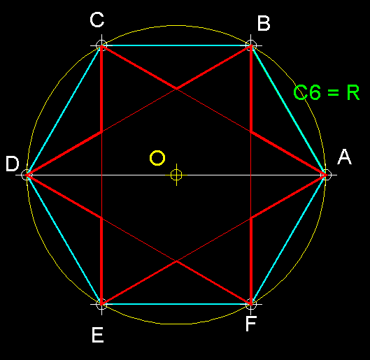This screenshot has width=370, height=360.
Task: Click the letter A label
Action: tap(345, 157)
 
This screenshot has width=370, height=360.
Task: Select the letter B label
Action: tap(264, 23)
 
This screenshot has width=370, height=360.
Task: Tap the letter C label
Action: tap(97, 20)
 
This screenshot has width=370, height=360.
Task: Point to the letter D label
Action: tap(13, 164)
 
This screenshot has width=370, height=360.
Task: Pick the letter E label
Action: tap(97, 335)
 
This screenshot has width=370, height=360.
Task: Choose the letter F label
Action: tap(251, 324)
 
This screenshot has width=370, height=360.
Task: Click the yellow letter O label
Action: tap(157, 158)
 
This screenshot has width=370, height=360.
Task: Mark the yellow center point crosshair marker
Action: tap(176, 175)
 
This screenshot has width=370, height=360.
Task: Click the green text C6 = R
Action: tap(327, 92)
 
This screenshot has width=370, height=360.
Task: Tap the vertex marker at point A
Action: tap(326, 175)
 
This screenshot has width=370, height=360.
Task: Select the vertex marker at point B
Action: tap(251, 45)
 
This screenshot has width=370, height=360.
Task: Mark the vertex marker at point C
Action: tap(101, 45)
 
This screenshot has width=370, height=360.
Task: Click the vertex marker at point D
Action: tap(27, 175)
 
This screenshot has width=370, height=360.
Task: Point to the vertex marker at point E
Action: tap(101, 304)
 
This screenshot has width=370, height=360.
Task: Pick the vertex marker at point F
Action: tap(251, 304)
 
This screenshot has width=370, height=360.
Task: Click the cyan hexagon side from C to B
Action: tap(176, 45)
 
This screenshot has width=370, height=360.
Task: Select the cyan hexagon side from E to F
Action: tap(176, 304)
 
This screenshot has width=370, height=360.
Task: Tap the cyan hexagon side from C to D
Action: tap(64, 110)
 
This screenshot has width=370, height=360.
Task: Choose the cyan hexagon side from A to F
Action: tap(288, 240)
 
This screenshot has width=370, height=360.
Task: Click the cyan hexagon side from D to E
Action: tap(64, 240)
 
